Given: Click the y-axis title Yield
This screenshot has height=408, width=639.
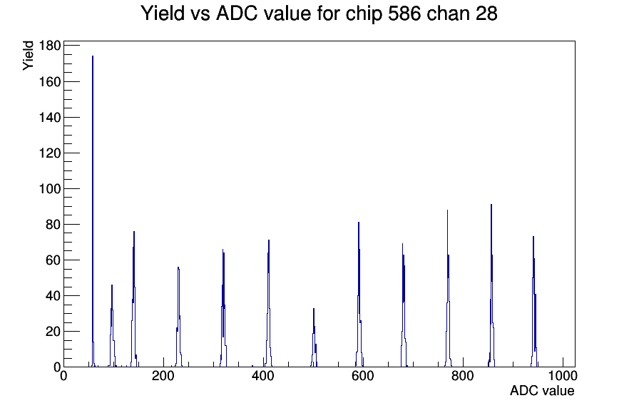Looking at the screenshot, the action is click(x=28, y=56).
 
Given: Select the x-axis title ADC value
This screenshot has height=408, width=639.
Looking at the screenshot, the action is click(x=542, y=390).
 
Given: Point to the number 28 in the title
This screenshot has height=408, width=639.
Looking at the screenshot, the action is click(x=486, y=13).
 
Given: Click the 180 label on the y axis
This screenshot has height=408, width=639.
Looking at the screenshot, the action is click(x=50, y=46).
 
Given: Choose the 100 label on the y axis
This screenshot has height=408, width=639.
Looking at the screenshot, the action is click(x=50, y=189).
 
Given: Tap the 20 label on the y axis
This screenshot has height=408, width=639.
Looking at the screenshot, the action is click(x=53, y=332).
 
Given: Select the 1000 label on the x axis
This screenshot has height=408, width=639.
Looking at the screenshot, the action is click(x=563, y=375).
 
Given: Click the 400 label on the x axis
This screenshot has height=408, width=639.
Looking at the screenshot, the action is click(x=263, y=375).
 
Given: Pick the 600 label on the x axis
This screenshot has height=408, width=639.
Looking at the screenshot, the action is click(x=363, y=375).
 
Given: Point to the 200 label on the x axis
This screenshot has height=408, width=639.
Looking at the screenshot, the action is click(x=163, y=375).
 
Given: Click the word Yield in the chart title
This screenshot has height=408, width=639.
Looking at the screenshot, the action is click(x=163, y=13).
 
